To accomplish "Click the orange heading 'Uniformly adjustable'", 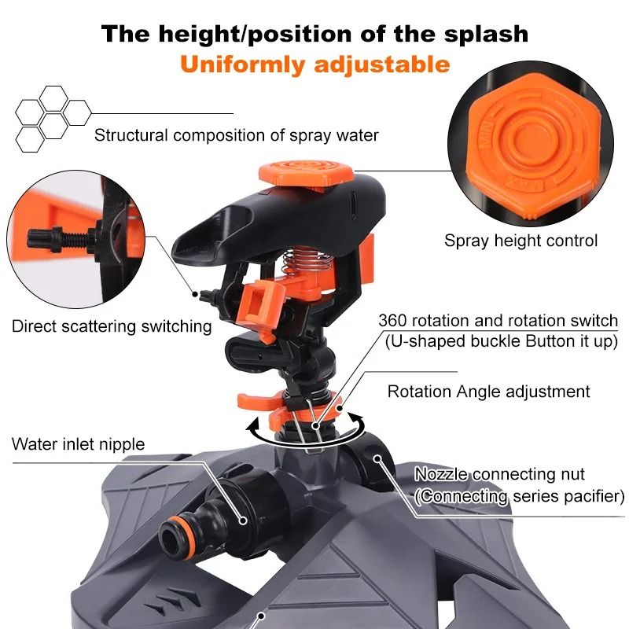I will click(314, 63).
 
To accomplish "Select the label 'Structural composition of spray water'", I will click(236, 135).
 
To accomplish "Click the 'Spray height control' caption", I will click(520, 241).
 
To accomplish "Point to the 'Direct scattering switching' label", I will click(112, 326).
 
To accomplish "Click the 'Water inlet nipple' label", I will click(78, 444).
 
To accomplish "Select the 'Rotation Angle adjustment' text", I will click(488, 391).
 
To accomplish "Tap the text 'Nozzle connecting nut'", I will click(499, 474).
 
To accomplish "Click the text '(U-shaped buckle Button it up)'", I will click(502, 341).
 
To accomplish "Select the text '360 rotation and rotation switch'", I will click(498, 321).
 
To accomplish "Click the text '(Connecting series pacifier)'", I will click(519, 496).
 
